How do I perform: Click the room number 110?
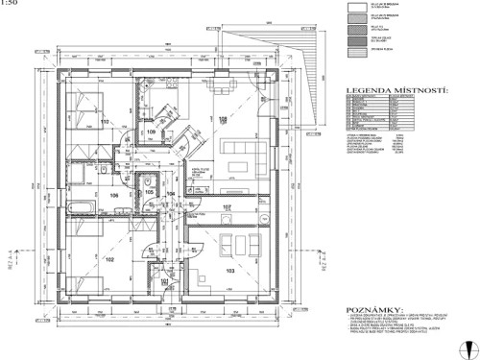pyautogui.click(x=104, y=122)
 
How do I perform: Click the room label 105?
pyautogui.click(x=149, y=192)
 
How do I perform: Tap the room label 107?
pyautogui.click(x=228, y=207)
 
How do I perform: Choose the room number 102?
pyautogui.click(x=108, y=259)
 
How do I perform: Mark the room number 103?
pyautogui.click(x=229, y=272)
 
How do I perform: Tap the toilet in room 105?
pyautogui.click(x=152, y=180)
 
